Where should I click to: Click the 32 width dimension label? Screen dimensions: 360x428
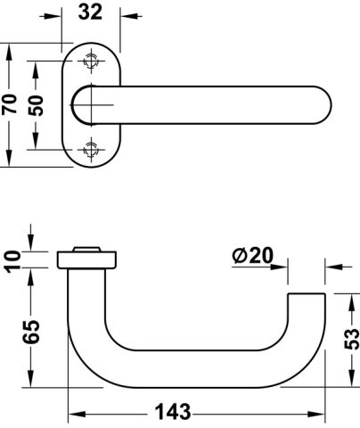pos(90,12)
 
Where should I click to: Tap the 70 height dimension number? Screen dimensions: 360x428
pos(9,103)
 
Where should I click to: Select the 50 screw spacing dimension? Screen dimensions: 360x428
pos(36,105)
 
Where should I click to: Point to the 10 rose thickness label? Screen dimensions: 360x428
pos(13,261)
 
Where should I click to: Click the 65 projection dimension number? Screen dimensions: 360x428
pos(31,332)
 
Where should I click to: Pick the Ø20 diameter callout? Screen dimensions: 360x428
pos(253,255)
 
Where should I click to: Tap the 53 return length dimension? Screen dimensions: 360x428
pos(352,339)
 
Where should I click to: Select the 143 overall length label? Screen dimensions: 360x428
pos(173,412)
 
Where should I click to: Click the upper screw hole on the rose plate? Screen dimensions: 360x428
pos(91,61)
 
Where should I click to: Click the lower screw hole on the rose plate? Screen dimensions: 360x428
pos(91,150)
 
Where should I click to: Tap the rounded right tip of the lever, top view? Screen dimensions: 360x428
pos(326,105)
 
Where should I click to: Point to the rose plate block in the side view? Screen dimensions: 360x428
pos(86,260)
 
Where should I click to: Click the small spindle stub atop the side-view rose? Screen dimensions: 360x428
pos(86,249)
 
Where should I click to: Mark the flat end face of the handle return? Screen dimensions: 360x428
pos(307,294)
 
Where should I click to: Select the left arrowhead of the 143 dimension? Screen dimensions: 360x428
pos(78,414)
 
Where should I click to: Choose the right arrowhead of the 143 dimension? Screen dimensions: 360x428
pos(316,414)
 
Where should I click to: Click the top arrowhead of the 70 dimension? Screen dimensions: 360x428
pos(9,53)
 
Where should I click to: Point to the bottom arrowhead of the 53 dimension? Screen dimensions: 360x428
pos(352,378)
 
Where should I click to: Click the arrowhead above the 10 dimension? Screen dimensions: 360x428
pos(31,243)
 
